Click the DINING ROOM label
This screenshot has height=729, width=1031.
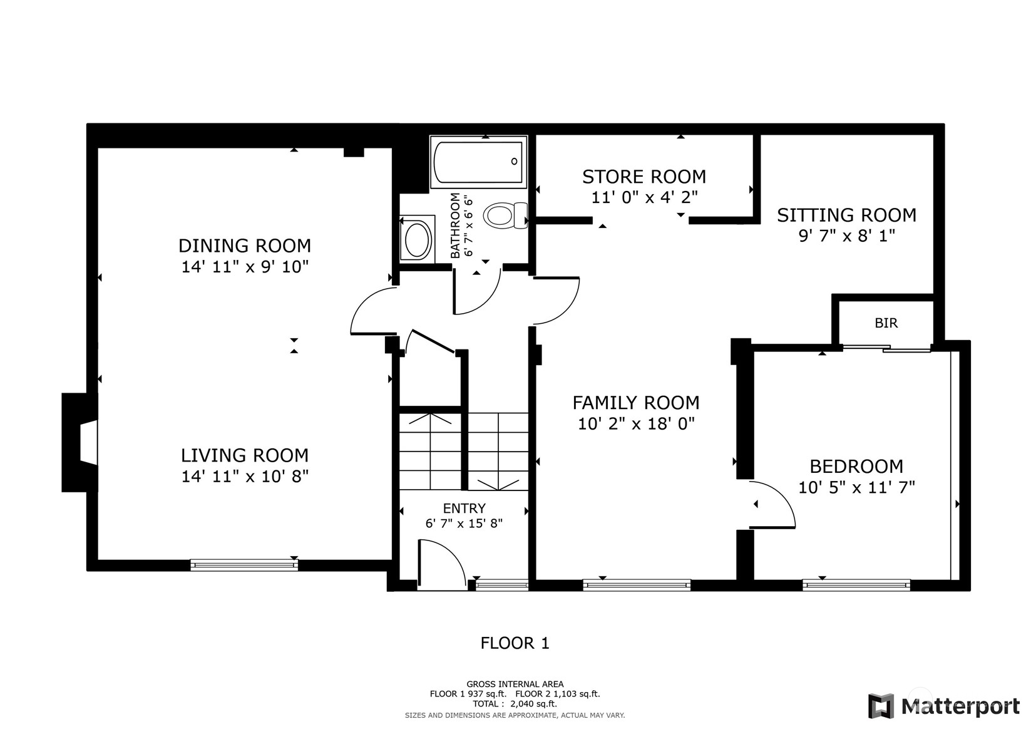pos(244,246)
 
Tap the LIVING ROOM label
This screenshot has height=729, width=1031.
pos(244,455)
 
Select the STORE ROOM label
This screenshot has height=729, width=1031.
pos(644,177)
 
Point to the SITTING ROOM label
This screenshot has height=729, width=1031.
pos(846,215)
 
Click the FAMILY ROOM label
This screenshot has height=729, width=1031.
pos(636,403)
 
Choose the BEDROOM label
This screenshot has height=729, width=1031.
pos(856,467)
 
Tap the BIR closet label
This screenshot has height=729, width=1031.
pos(886,323)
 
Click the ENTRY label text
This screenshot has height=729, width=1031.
pos(464,509)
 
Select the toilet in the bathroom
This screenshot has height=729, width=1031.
pos(505,215)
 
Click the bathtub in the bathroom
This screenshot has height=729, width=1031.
pos(479,162)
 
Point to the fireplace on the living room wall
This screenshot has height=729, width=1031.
pos(80,443)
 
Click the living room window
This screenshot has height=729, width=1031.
pos(244,565)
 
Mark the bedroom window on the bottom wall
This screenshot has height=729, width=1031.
pos(856,585)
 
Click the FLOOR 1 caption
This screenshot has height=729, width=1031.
pos(515,643)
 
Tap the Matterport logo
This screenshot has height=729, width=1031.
pos(944,706)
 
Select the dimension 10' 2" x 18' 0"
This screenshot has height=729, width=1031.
pos(636,423)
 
